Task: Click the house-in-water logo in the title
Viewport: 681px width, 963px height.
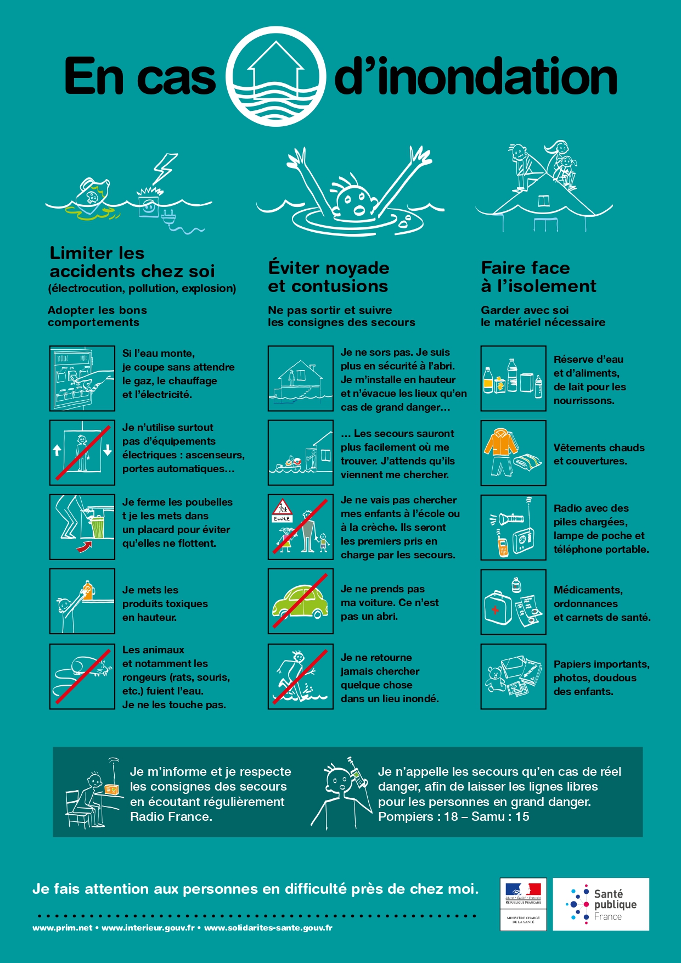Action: point(275,76)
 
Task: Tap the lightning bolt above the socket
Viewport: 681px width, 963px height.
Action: point(165,169)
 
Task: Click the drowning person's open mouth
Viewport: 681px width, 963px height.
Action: point(359,210)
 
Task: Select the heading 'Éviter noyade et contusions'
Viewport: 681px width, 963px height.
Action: point(329,277)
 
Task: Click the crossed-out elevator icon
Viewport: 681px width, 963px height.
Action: point(82,453)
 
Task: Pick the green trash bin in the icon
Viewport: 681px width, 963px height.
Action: point(98,528)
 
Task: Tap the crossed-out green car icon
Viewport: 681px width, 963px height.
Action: point(301,601)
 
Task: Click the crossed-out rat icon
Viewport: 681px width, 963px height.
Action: point(82,676)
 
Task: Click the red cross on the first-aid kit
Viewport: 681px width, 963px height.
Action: point(495,610)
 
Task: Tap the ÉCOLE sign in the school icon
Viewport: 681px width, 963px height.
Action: point(282,518)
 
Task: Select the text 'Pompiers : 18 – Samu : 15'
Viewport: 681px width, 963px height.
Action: point(454,816)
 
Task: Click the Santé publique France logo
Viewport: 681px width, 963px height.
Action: point(601,904)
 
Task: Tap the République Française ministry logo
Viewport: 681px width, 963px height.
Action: point(523,904)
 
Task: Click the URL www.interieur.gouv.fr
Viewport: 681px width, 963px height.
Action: point(148,928)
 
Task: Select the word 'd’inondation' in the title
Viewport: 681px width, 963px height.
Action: point(476,77)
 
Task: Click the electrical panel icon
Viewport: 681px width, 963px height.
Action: point(82,378)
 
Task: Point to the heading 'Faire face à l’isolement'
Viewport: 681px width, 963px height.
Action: point(538,277)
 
